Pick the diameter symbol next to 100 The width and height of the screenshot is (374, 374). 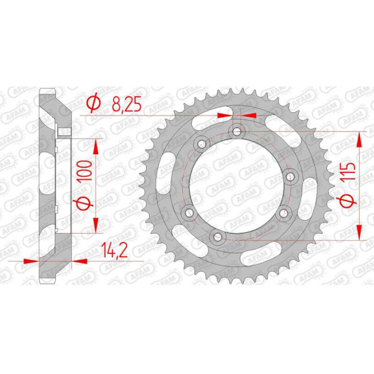point(86,204)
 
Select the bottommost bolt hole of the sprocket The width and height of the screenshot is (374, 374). point(215,236)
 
